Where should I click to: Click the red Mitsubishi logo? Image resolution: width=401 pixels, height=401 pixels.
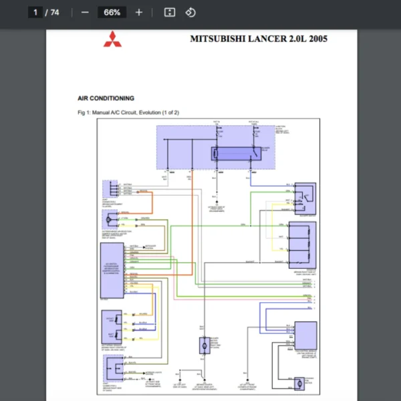click(x=112, y=39)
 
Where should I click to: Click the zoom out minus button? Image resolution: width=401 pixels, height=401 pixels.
click(x=84, y=12)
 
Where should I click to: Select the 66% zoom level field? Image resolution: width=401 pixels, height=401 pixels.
click(x=112, y=12)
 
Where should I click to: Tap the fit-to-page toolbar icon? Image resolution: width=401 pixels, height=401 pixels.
click(x=170, y=12)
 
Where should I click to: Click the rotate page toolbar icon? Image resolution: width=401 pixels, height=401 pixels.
click(x=190, y=12)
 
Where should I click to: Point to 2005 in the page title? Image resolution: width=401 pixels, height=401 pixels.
click(x=317, y=38)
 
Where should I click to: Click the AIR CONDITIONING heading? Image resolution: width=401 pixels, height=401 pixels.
click(x=106, y=98)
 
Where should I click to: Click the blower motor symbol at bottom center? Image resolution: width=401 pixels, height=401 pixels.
click(x=203, y=346)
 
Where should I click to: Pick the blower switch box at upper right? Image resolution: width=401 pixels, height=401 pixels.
click(x=306, y=194)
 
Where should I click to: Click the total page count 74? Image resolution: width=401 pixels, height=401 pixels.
click(x=55, y=12)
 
